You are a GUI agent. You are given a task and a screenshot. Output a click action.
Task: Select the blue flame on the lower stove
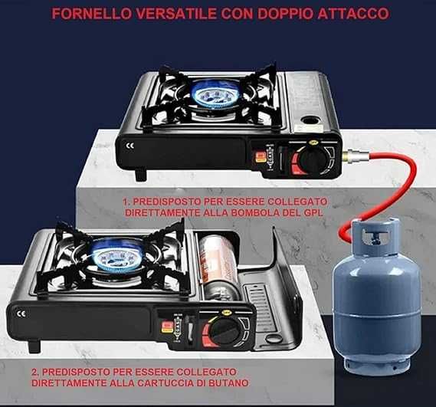click(120, 254)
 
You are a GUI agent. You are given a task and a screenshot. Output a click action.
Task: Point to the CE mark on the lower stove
click(21, 311)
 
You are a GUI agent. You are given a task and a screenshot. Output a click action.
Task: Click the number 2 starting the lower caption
click(35, 369)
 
